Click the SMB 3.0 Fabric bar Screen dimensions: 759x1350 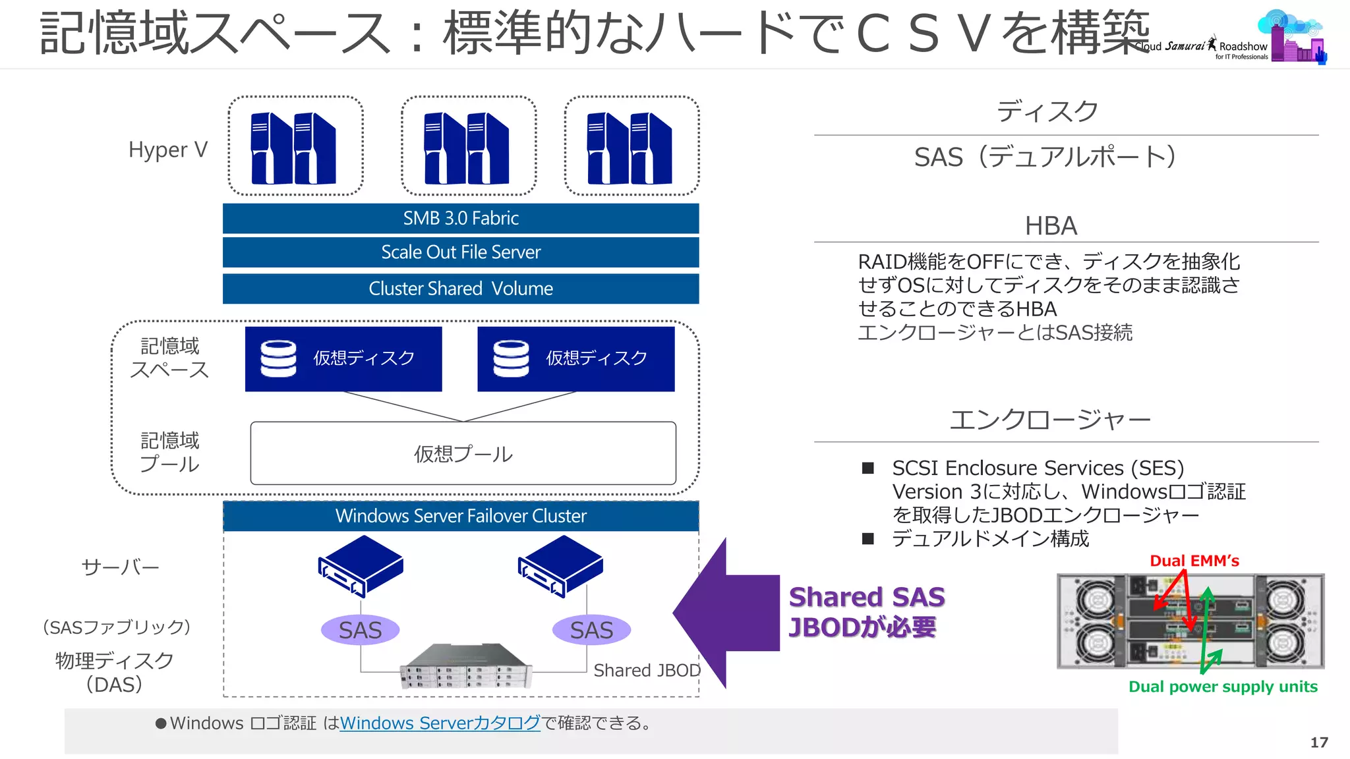(461, 218)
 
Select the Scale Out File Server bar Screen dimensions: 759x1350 (461, 252)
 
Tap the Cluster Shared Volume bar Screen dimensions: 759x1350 (461, 289)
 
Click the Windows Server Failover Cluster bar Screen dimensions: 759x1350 (461, 516)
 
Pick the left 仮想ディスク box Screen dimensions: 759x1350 (343, 358)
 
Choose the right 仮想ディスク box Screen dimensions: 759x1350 (576, 358)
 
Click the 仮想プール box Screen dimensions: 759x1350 (463, 453)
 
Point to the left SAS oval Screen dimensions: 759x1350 (361, 630)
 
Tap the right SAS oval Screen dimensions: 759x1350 (591, 630)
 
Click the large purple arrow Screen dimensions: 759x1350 (725, 613)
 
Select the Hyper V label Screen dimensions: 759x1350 (168, 150)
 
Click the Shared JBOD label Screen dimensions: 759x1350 (647, 670)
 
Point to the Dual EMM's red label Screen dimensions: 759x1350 (1194, 561)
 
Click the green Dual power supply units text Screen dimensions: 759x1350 (1223, 687)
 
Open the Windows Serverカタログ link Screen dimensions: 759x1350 (440, 723)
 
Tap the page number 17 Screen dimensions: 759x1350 (1319, 743)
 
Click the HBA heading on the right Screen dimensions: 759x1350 (1051, 226)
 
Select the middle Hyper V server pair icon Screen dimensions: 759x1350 (467, 148)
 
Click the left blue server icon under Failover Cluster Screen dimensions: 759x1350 (361, 565)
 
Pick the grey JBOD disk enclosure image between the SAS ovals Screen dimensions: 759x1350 (466, 665)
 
